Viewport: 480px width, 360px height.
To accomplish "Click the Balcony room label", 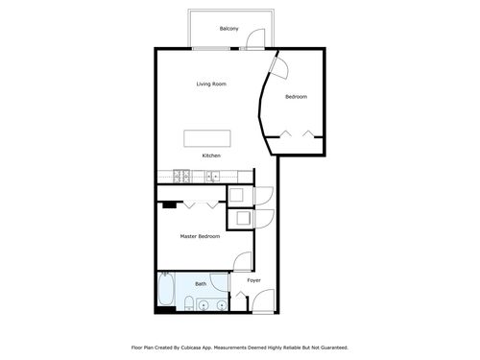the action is click(228, 29).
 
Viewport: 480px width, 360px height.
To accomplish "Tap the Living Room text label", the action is click(211, 84).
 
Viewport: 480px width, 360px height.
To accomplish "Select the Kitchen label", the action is click(211, 156).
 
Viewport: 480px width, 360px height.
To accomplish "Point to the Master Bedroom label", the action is click(200, 236).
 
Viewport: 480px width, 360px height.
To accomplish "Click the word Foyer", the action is click(253, 280).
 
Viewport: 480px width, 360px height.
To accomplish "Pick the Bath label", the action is click(201, 284).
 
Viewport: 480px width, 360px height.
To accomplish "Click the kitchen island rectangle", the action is click(207, 138).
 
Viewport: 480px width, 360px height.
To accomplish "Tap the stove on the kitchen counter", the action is click(181, 177).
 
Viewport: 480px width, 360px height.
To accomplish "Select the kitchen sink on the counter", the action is click(212, 177).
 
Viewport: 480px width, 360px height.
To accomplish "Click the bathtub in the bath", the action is click(166, 290).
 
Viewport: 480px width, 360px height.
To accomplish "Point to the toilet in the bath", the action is click(189, 303).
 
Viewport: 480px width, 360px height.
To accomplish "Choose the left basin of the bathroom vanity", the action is click(203, 306).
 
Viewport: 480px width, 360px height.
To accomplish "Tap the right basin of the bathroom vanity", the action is click(222, 306).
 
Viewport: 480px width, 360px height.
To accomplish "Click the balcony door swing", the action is click(256, 39).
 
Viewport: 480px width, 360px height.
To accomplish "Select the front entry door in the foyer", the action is click(264, 300).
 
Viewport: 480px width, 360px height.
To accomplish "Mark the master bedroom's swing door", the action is click(243, 261).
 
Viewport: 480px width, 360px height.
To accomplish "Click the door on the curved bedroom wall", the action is click(279, 68).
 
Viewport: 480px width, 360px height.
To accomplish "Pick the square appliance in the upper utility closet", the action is click(237, 194).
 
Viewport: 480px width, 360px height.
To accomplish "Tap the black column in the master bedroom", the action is click(169, 204).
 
